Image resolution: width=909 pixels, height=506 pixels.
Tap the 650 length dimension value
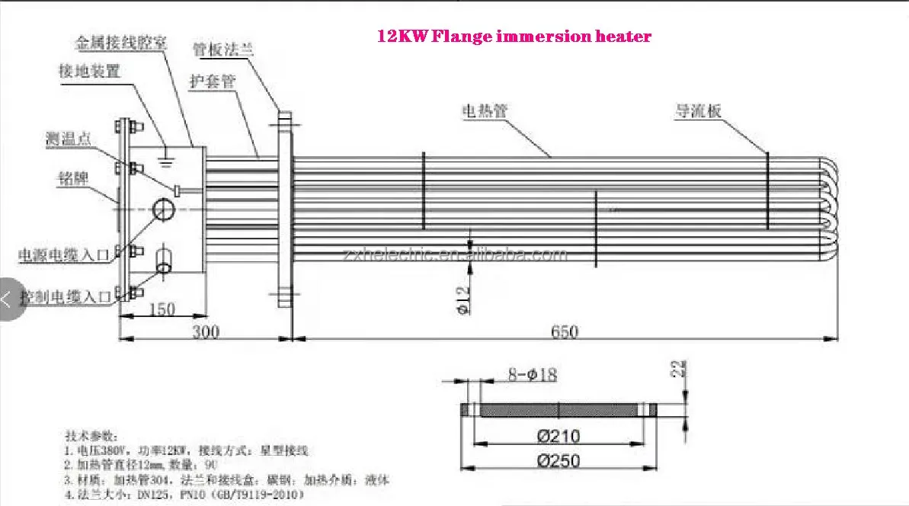point(563,332)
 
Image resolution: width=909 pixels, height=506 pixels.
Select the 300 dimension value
point(205,332)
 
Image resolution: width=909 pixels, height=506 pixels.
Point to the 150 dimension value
point(161,309)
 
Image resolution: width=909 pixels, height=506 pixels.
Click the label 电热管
point(484,111)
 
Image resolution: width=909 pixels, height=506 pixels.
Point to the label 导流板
point(697,111)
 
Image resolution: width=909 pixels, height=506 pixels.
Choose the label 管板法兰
point(222,50)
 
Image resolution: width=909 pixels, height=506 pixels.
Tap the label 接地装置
point(89,72)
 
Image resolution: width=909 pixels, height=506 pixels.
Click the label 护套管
point(212,81)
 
